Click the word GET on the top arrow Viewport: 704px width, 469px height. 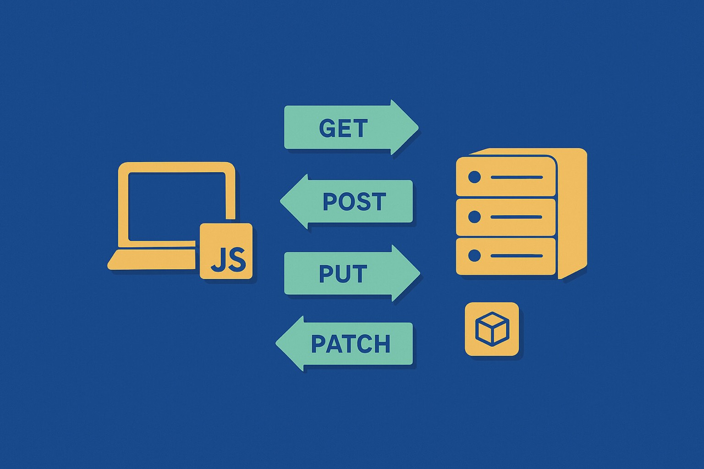343,128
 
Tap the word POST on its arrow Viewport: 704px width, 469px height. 354,202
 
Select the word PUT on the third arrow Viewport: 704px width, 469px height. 343,274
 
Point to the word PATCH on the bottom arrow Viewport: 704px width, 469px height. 351,344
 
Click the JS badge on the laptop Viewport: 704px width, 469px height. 226,251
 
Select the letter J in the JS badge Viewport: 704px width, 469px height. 218,260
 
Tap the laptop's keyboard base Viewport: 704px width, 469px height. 151,260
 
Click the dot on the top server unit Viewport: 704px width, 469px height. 474,177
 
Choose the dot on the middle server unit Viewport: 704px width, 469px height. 474,216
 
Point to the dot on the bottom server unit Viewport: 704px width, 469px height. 474,256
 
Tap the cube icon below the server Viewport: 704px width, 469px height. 492,329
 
